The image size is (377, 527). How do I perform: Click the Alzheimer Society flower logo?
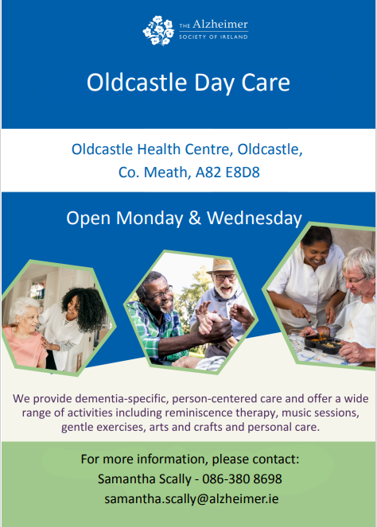(157, 30)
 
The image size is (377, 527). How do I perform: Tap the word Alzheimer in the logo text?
(221, 25)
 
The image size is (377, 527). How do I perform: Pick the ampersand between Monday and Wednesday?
(195, 218)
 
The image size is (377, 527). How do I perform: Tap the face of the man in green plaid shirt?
(154, 296)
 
